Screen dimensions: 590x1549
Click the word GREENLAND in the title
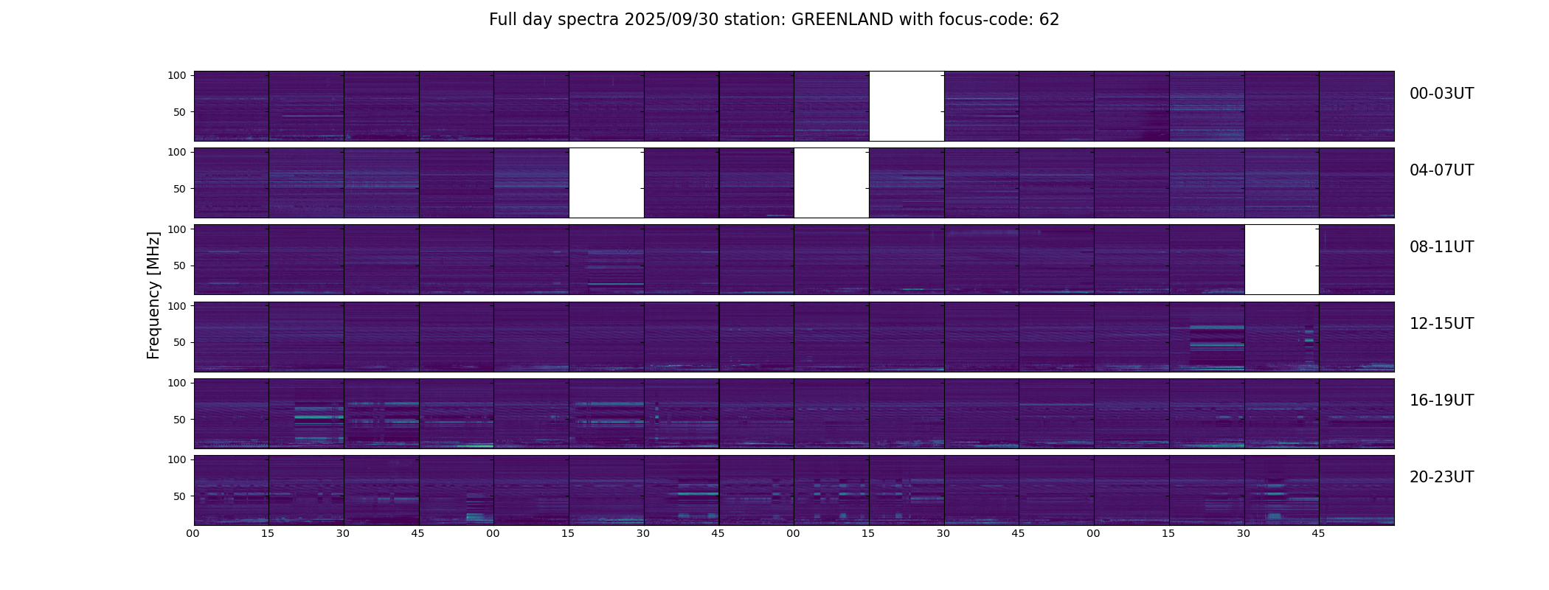842,20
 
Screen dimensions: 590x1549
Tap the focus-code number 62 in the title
1049,20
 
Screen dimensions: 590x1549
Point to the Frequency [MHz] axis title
153,295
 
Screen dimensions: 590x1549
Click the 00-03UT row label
1441,94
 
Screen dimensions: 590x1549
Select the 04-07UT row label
1441,170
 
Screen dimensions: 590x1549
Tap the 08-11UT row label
1441,247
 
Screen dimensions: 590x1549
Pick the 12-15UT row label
1441,324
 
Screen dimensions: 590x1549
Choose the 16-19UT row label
1441,400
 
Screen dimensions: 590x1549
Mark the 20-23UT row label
1441,477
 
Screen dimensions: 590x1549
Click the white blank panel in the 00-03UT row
907,106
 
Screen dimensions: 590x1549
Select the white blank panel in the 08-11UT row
1281,260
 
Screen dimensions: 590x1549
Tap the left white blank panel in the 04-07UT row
606,183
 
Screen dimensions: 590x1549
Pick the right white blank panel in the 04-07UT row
831,183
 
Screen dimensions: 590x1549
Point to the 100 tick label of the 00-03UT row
177,75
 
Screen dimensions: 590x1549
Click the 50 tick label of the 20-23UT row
180,496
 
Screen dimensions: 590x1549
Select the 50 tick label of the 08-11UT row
180,265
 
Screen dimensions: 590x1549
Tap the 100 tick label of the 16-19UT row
177,383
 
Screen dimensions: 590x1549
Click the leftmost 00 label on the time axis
193,533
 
